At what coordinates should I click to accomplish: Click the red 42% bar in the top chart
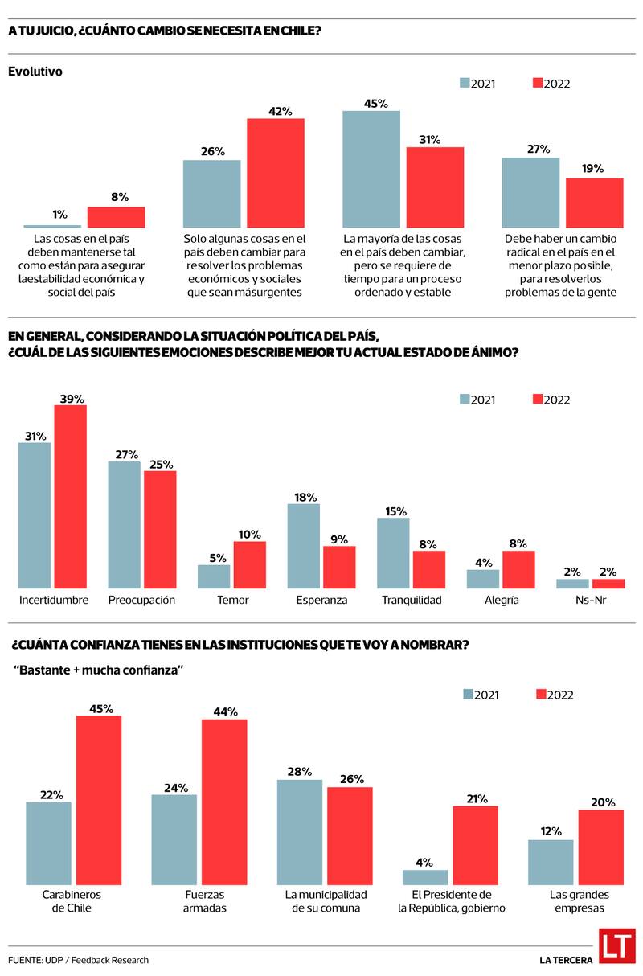click(275, 173)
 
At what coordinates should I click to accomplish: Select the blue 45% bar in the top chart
click(371, 169)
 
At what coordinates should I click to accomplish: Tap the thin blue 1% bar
click(52, 227)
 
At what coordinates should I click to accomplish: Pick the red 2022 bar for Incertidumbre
click(70, 496)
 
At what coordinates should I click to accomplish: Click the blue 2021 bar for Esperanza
click(303, 546)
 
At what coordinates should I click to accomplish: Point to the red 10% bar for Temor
click(249, 564)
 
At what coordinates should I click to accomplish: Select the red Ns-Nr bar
click(608, 584)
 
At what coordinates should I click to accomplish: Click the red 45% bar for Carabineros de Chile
click(99, 800)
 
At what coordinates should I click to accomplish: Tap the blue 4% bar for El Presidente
click(425, 877)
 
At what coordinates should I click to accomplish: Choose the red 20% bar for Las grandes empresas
click(601, 847)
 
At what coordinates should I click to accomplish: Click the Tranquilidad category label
click(411, 600)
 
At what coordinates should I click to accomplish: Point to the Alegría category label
click(502, 600)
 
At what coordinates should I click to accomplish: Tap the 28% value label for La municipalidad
click(299, 772)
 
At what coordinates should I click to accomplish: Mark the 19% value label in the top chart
click(595, 169)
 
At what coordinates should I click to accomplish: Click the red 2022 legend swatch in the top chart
click(538, 84)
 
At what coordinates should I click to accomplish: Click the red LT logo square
click(616, 945)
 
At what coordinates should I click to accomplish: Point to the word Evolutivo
click(35, 72)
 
